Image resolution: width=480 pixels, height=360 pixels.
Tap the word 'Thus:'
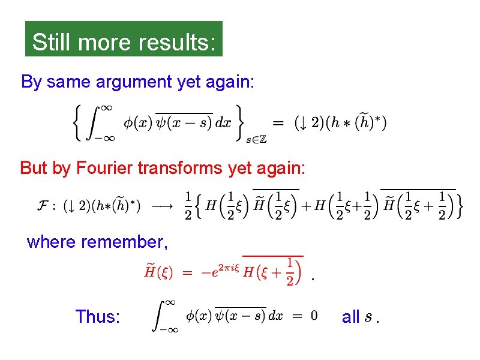(x=98, y=316)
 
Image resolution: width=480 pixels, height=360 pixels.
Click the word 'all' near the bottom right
(x=350, y=316)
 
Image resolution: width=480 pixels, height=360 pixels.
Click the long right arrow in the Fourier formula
(x=162, y=206)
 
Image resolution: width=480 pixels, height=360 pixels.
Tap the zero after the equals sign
(x=314, y=316)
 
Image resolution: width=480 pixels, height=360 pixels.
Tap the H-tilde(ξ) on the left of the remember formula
(x=159, y=272)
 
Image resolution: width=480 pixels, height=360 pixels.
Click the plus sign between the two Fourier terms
(x=306, y=206)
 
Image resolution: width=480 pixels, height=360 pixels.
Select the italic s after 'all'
(x=367, y=317)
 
